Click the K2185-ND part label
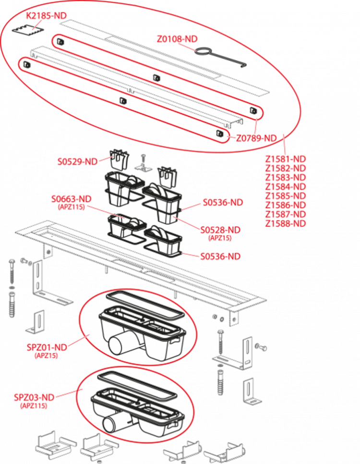pos(47,16)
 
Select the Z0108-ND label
pos(177,39)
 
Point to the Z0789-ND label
pos(256,138)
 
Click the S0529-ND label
pos(77,161)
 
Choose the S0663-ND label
pos(72,199)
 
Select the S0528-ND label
pos(220,230)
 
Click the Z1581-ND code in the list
pos(285,159)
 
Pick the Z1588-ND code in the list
pos(285,223)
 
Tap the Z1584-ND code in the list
pos(285,187)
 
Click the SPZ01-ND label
pos(47,347)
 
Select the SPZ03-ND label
pos(34,397)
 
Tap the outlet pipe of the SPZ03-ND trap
pos(114,422)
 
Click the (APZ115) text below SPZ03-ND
pos(34,406)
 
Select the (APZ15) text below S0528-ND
pos(219,238)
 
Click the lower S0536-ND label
pos(220,256)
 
